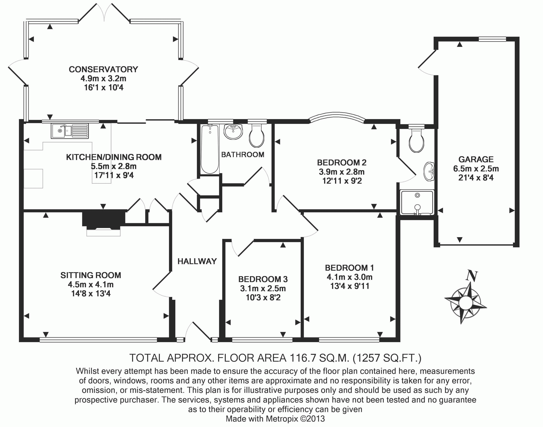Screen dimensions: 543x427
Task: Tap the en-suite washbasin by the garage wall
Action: point(429,171)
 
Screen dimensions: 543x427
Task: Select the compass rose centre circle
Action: point(466,303)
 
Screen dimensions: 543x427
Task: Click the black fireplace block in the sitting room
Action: point(104,219)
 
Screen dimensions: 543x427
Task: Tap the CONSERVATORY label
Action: point(104,69)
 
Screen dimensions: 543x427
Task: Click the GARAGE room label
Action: point(476,159)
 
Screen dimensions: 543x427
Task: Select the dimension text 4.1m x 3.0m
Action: point(350,277)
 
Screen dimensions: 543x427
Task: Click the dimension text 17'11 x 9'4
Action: point(114,175)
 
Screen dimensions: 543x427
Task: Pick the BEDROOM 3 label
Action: point(263,279)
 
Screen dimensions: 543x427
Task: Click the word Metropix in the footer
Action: point(282,419)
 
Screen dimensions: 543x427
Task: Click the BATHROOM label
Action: point(243,155)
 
